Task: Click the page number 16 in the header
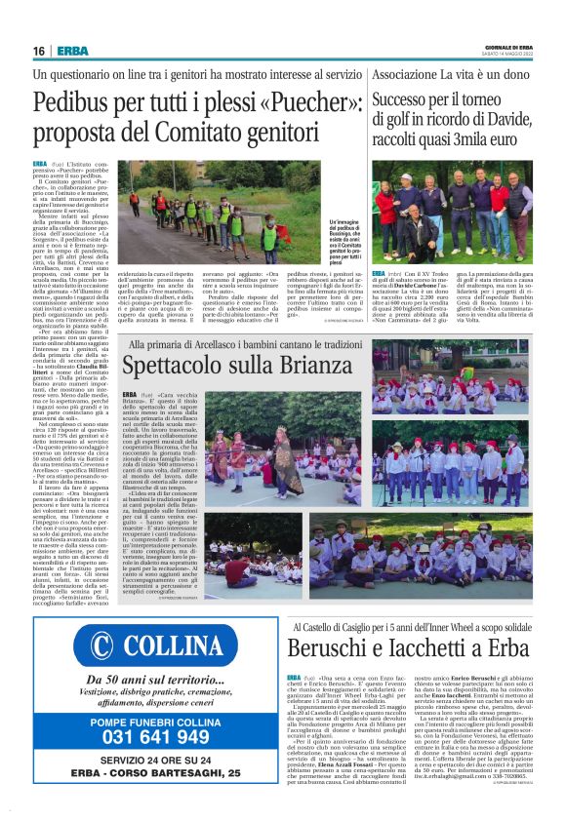pos(38,51)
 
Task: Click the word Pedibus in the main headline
pos(74,100)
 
